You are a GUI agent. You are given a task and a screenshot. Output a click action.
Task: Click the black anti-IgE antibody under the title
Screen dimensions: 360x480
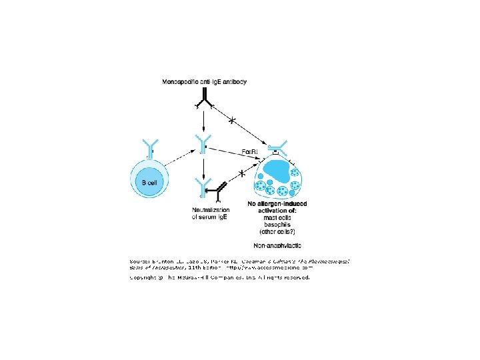pos(204,99)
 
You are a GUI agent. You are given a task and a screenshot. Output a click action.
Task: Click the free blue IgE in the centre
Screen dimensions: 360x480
pos(203,144)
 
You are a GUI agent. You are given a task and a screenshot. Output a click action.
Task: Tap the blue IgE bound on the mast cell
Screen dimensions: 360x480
pos(277,145)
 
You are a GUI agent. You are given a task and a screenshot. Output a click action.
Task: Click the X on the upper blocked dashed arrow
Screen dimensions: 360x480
pos(232,120)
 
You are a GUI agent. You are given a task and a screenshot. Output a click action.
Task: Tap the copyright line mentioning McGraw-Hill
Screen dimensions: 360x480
pos(219,278)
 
